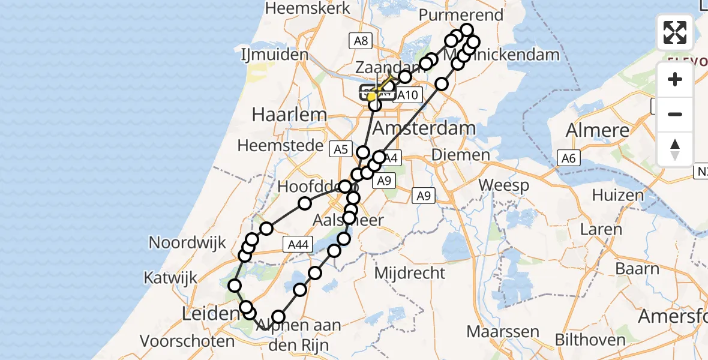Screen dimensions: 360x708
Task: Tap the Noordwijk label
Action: tap(187, 243)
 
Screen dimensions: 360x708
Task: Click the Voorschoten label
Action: tap(188, 341)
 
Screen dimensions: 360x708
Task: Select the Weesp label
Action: tap(505, 185)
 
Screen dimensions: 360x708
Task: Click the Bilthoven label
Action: tap(590, 340)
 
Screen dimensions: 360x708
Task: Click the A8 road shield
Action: tap(361, 40)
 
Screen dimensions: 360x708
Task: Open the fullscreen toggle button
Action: tap(674, 32)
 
